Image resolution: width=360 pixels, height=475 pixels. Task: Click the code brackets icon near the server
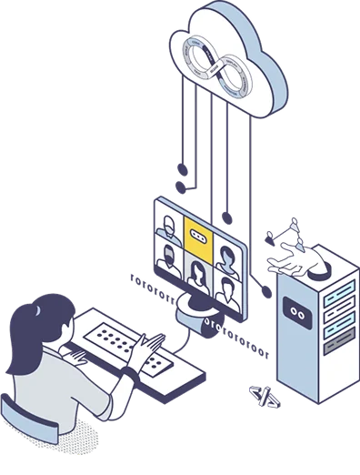pyautogui.click(x=261, y=394)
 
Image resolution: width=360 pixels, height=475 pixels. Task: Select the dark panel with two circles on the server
pyautogui.click(x=295, y=311)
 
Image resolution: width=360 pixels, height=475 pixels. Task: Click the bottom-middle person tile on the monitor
pyautogui.click(x=197, y=271)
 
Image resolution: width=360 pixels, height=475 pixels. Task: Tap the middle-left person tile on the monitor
pyautogui.click(x=168, y=258)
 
